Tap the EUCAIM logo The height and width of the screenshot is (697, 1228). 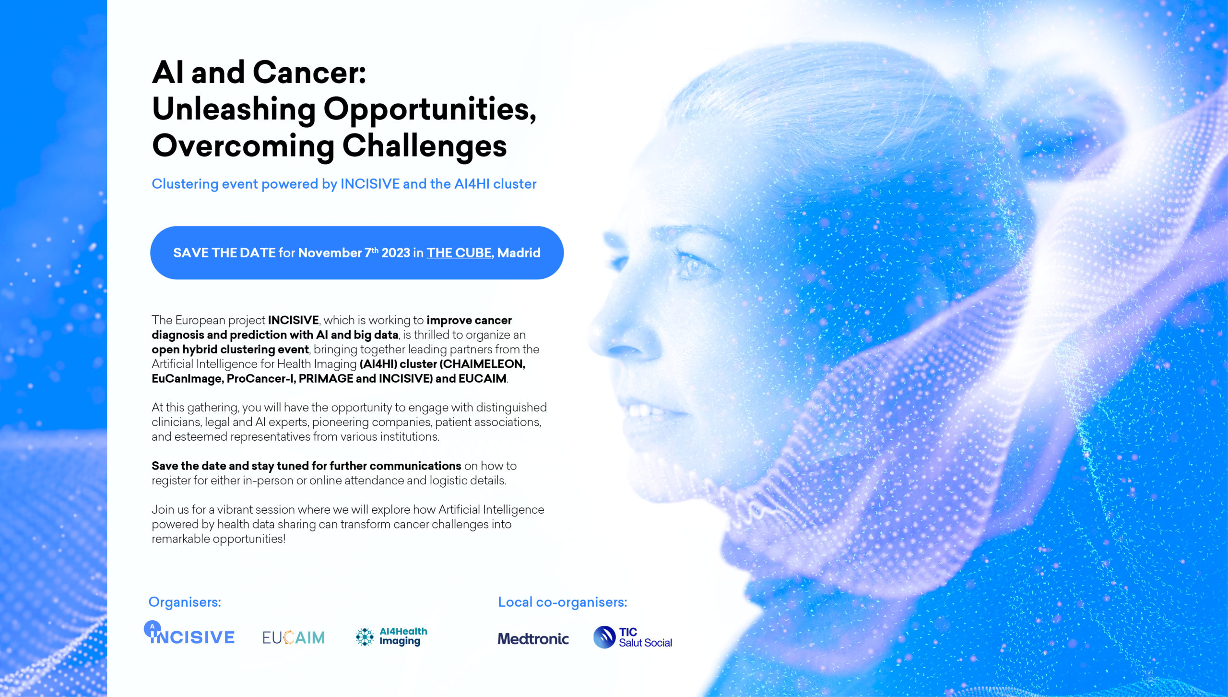(x=294, y=637)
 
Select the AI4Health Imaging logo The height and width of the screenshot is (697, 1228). (x=391, y=637)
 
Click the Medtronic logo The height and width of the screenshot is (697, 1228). (x=533, y=638)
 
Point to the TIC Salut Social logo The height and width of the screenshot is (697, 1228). (x=633, y=637)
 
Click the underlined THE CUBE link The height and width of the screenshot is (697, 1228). (x=459, y=253)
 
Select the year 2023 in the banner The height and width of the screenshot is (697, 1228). (x=396, y=253)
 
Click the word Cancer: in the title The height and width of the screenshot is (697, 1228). (x=309, y=73)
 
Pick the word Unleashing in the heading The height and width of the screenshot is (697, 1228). (x=234, y=110)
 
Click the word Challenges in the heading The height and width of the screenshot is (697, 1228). (x=425, y=146)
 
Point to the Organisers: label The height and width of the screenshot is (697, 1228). (x=185, y=602)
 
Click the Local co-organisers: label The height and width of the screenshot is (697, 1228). (x=563, y=602)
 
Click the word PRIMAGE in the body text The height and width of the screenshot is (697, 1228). (x=326, y=379)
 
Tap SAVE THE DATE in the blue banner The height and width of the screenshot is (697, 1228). (x=224, y=253)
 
